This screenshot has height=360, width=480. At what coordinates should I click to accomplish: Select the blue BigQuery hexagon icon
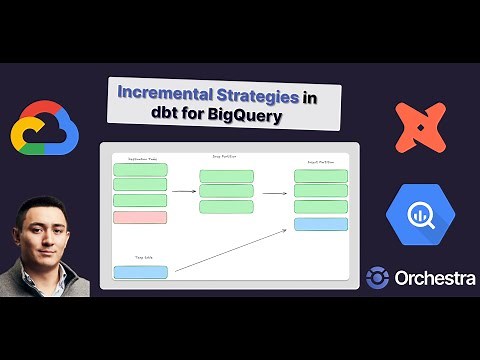click(420, 217)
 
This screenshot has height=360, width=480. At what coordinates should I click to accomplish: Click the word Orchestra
click(435, 278)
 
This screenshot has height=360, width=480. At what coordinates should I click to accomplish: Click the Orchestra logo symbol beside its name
click(378, 278)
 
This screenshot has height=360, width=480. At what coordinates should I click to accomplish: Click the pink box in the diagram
click(140, 217)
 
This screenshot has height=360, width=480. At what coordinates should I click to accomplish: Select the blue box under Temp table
click(140, 271)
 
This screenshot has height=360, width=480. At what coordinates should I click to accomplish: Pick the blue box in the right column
click(320, 224)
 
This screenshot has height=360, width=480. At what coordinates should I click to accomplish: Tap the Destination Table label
click(139, 160)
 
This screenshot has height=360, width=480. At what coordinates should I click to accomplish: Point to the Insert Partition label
click(320, 161)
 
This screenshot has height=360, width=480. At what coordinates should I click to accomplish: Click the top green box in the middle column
click(226, 176)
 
